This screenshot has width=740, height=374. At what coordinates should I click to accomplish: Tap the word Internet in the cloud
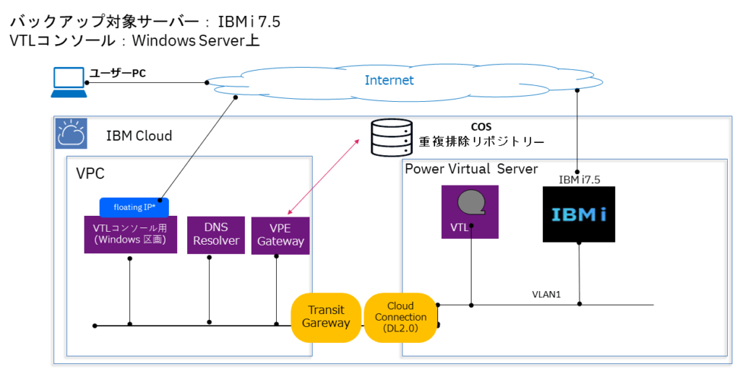[389, 80]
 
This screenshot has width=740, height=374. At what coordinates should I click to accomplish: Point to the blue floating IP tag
[134, 207]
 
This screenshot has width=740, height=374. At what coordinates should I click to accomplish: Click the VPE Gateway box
[280, 235]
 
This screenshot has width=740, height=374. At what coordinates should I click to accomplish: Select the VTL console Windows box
[130, 235]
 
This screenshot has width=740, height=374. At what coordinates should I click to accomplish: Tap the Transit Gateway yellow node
[325, 317]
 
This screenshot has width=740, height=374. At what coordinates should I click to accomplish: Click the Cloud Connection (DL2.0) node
[401, 318]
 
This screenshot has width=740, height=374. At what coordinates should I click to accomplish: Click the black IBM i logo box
[579, 214]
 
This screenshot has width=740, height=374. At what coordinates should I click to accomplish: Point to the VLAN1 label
[546, 295]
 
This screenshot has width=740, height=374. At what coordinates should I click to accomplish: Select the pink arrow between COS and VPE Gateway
[324, 177]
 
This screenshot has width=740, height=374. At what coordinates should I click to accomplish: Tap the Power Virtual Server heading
[471, 169]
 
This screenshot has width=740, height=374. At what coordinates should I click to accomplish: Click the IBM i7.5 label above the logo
[579, 179]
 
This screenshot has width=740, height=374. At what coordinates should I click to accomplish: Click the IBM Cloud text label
[139, 136]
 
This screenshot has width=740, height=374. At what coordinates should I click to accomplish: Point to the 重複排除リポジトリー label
[481, 142]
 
